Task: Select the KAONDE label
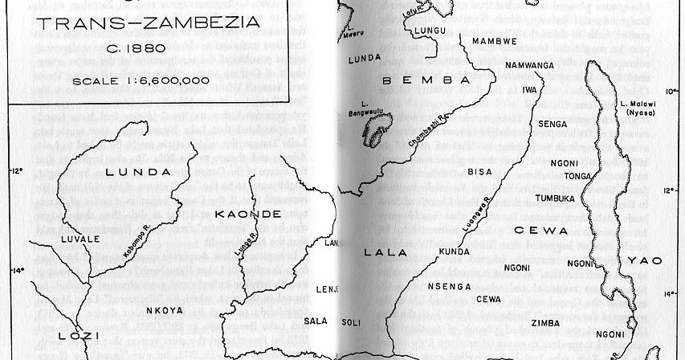(x=248, y=214)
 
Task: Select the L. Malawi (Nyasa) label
(x=638, y=108)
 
